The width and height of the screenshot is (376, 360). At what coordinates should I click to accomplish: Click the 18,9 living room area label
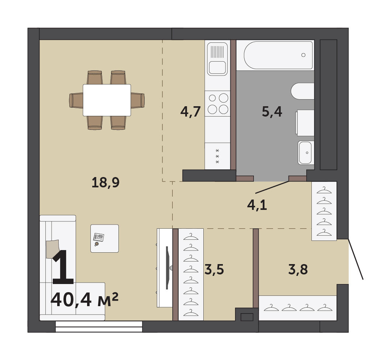pyautogui.click(x=106, y=183)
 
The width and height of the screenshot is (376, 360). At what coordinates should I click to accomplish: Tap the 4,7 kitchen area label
pyautogui.click(x=190, y=111)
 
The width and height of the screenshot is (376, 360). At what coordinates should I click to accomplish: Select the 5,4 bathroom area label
pyautogui.click(x=272, y=111)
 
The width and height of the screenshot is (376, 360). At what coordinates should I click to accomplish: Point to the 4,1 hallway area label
pyautogui.click(x=257, y=205)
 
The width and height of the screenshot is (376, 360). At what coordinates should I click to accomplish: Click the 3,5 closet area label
pyautogui.click(x=214, y=269)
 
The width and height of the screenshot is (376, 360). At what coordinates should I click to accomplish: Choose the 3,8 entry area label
pyautogui.click(x=298, y=269)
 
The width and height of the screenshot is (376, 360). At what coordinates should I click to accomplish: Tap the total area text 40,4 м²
pyautogui.click(x=84, y=300)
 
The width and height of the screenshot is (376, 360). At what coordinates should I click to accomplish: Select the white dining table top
pyautogui.click(x=107, y=100)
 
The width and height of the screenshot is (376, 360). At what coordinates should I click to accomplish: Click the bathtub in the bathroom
pyautogui.click(x=278, y=55)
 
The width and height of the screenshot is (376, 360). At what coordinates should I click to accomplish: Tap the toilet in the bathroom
pyautogui.click(x=303, y=91)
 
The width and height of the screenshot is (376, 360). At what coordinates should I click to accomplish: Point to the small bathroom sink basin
pyautogui.click(x=305, y=153)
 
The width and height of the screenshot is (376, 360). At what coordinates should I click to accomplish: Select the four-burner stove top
pyautogui.click(x=217, y=103)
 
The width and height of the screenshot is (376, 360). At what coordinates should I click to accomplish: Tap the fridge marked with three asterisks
pyautogui.click(x=217, y=156)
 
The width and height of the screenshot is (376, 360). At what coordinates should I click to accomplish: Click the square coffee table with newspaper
pyautogui.click(x=104, y=239)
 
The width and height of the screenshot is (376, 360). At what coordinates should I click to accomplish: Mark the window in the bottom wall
pyautogui.click(x=99, y=326)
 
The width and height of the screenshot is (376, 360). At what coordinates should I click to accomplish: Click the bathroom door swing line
pyautogui.click(x=272, y=187)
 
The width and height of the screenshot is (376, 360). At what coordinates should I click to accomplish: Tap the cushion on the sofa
pyautogui.click(x=52, y=249)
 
